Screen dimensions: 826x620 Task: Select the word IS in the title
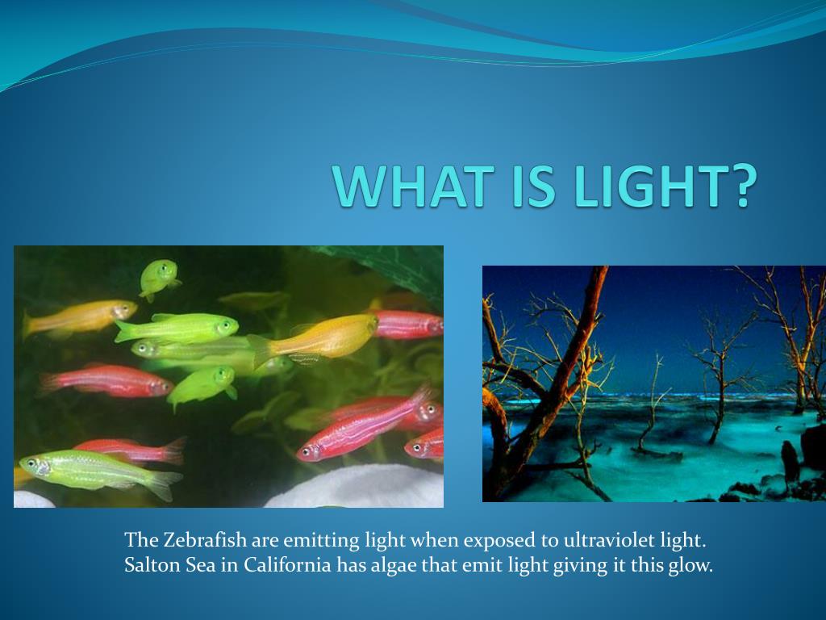pos(533,186)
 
